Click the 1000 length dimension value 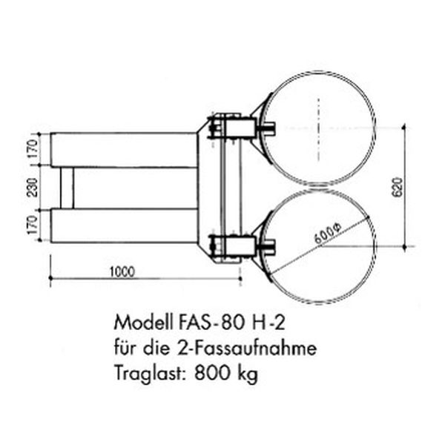point(122,272)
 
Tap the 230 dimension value point(33,188)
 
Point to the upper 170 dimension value point(33,149)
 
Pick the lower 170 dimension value point(33,225)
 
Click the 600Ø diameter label point(328,234)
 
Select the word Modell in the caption point(143,323)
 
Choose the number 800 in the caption point(212,372)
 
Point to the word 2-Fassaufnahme point(246,348)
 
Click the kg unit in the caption point(248,374)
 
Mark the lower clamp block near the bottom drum point(240,246)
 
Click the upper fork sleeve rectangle point(124,150)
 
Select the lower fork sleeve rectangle point(124,225)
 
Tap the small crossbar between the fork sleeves point(67,188)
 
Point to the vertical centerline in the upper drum point(319,129)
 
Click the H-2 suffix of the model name point(268,323)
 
